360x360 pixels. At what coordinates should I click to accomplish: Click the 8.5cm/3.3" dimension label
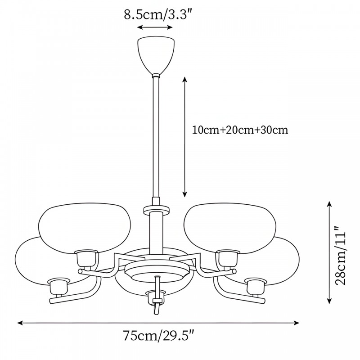point(158,15)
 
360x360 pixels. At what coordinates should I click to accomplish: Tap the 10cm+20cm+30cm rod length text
point(240,130)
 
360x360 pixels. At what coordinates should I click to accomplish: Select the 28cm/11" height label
point(341,255)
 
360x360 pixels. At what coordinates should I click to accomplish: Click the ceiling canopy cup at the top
point(156,55)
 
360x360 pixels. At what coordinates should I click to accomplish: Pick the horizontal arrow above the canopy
point(155,27)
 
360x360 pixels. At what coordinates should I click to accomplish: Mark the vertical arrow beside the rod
point(184,137)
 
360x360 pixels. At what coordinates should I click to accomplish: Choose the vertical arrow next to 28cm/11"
point(329,252)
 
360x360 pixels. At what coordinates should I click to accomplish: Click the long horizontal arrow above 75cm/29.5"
point(158,323)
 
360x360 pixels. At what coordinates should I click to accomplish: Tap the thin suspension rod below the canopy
point(156,137)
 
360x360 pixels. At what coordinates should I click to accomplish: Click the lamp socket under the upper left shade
point(86,258)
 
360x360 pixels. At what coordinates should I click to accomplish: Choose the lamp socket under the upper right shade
point(228,258)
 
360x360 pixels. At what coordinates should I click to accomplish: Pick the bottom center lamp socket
point(156,297)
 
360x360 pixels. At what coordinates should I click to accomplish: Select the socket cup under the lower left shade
point(59,286)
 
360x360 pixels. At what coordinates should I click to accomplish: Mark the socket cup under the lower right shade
point(256,286)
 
